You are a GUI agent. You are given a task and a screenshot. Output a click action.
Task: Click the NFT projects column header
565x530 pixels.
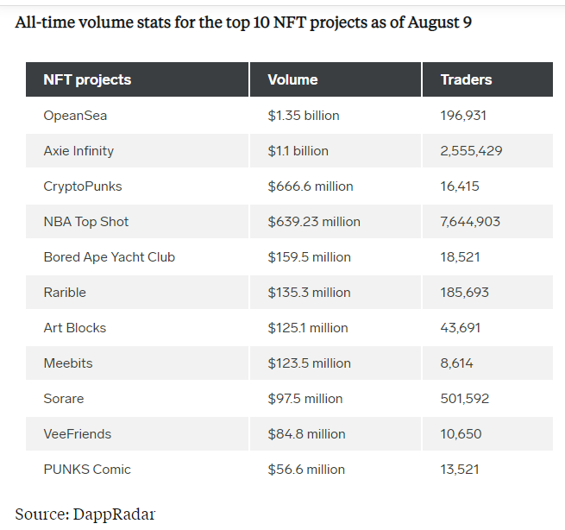87,79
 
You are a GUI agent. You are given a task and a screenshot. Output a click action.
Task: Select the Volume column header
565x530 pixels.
292,79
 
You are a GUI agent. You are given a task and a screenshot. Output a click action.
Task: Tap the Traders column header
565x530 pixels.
466,79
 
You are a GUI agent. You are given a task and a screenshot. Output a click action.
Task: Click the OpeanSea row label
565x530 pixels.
75,115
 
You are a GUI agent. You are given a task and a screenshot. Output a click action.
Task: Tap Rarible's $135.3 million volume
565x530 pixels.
309,292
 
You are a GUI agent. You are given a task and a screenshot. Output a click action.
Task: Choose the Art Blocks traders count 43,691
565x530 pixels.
460,327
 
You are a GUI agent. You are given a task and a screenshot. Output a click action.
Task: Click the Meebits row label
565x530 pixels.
68,363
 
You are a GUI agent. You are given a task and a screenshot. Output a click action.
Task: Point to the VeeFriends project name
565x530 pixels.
78,433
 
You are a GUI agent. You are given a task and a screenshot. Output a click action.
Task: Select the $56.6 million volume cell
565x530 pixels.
306,469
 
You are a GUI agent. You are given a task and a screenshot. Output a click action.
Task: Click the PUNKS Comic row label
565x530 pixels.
87,469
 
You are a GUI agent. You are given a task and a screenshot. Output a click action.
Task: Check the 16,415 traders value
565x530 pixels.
459,186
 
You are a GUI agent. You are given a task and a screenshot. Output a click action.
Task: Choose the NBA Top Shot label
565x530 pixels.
86,221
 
